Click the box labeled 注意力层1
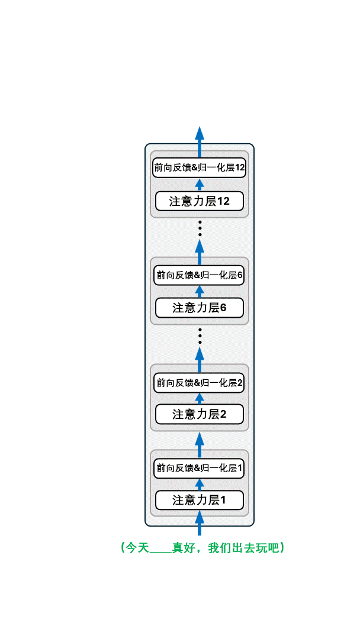click(200, 500)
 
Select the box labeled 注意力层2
click(200, 414)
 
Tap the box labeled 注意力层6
click(200, 308)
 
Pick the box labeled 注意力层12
click(200, 201)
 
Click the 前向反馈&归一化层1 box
click(200, 468)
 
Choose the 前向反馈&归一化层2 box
click(200, 383)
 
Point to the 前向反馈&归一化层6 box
click(200, 275)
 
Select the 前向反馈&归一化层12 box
click(200, 167)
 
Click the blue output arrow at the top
click(200, 142)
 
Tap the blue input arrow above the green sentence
click(200, 523)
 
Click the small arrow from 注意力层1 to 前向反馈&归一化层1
click(200, 485)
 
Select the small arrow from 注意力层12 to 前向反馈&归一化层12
click(200, 185)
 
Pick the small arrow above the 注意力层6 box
click(200, 292)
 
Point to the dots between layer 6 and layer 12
click(200, 228)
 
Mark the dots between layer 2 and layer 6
click(200, 335)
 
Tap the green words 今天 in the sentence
click(137, 548)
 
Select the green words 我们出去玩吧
click(243, 548)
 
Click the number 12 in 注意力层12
click(223, 201)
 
